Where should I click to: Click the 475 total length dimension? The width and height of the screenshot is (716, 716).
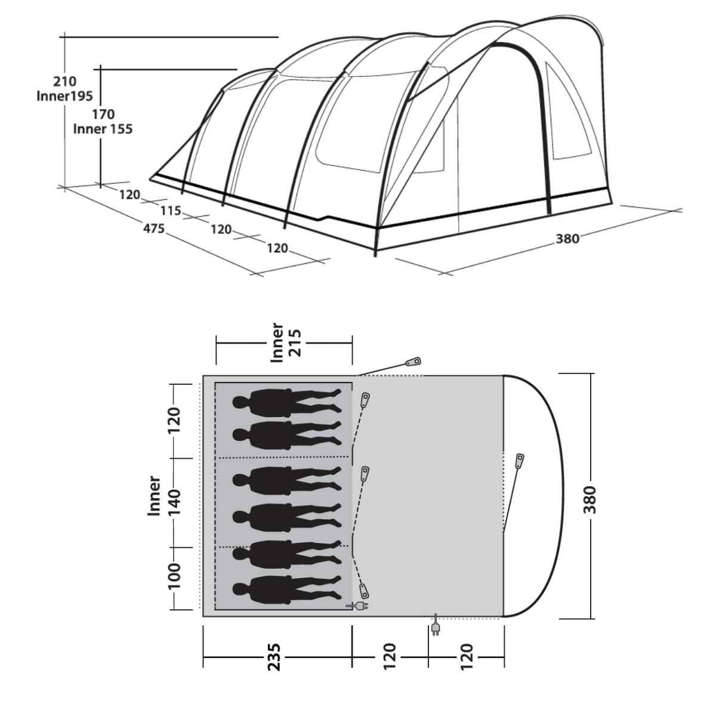click(x=153, y=228)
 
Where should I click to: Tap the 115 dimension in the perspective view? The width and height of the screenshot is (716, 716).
click(x=171, y=211)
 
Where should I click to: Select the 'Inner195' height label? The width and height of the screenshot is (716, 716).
click(x=64, y=96)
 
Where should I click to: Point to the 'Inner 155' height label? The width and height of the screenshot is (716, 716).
click(x=103, y=129)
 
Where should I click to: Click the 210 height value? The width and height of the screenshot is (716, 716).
click(x=64, y=81)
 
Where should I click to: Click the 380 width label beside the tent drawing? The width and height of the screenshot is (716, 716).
click(x=567, y=239)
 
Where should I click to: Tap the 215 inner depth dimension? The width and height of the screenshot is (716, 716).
click(x=296, y=342)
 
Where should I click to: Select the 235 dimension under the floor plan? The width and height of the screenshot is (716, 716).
click(x=274, y=657)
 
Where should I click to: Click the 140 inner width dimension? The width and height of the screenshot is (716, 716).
click(x=174, y=502)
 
